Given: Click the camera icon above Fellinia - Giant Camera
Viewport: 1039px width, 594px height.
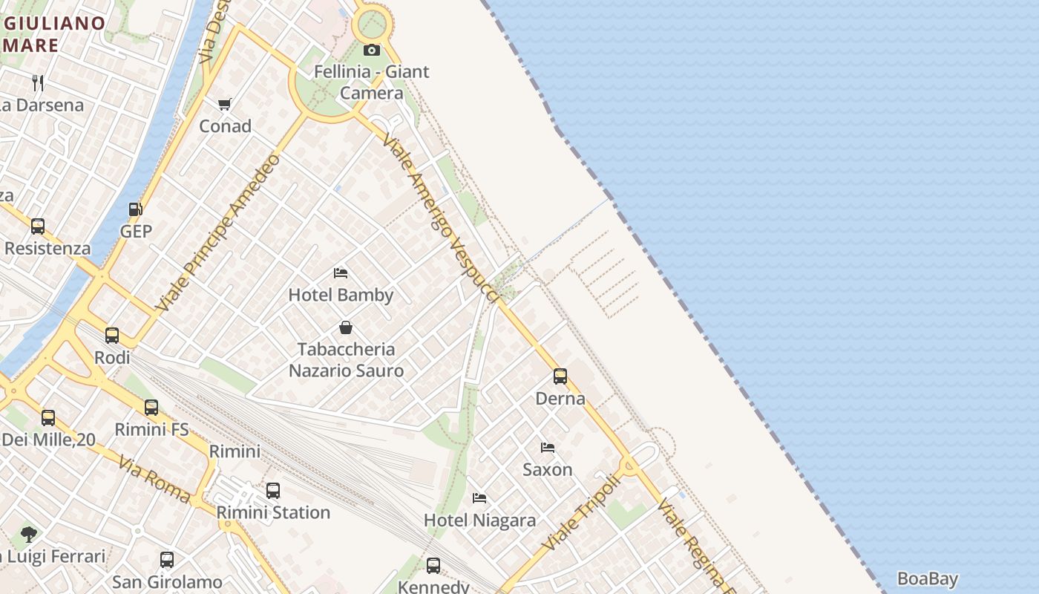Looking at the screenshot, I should point(372,50).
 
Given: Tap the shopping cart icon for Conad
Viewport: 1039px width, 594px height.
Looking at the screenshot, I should point(224,104).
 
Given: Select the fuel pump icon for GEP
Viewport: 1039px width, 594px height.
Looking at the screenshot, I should point(136,209).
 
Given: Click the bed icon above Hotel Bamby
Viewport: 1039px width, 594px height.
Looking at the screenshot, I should point(341,273).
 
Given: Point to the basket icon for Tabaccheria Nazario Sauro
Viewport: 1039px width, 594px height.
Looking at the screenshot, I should point(346,327).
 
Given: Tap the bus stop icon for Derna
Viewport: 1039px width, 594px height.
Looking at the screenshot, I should point(560,376).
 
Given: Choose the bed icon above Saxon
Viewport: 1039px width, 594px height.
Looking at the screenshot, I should point(548,448).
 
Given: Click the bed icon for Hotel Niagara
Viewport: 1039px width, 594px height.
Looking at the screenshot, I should point(479,498).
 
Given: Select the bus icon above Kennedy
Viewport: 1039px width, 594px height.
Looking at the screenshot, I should point(433,566).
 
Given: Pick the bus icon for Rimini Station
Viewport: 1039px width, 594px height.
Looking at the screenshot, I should point(273,491).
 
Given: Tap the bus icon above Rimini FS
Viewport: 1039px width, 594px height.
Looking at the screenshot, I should point(151,408).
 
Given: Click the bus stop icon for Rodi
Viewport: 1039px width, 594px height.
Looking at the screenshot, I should point(112,336).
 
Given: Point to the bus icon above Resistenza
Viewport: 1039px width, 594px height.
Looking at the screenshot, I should point(38,226).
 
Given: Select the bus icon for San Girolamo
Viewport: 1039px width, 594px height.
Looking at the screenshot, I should point(167,560).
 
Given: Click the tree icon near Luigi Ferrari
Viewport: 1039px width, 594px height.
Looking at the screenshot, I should point(29,534).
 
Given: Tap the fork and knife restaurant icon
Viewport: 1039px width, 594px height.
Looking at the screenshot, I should point(39,82).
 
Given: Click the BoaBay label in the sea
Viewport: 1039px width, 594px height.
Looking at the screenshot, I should point(927,579).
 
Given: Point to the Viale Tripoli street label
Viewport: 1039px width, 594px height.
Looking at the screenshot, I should point(580,512).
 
